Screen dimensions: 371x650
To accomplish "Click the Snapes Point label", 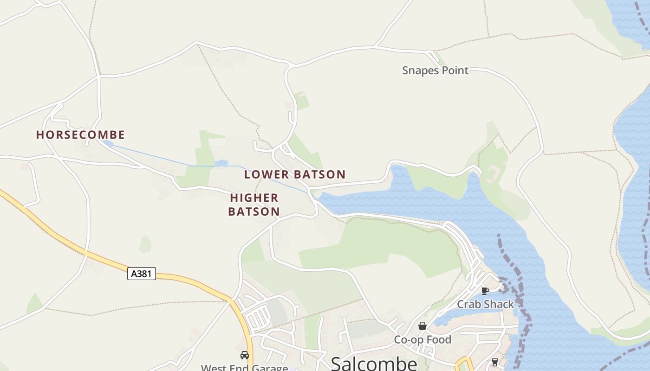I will [435, 70].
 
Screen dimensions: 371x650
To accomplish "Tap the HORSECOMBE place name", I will [80, 135].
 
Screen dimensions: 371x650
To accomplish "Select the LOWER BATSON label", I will [295, 175].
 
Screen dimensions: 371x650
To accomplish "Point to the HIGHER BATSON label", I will [254, 205].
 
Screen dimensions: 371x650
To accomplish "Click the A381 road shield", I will [141, 274].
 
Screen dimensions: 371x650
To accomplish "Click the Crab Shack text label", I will [485, 304].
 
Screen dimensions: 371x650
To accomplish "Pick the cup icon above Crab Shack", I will [485, 291].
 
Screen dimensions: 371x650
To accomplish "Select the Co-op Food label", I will [422, 339].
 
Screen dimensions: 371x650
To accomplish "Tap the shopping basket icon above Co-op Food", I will [422, 326].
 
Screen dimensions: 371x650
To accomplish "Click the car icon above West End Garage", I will [244, 355].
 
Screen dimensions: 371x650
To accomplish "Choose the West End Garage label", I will [244, 368].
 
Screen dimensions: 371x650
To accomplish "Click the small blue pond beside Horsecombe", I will [108, 144].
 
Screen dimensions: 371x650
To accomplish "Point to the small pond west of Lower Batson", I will [221, 163].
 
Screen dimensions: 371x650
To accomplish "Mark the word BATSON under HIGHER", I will [254, 212].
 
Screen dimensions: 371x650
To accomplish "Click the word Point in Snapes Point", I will [454, 70].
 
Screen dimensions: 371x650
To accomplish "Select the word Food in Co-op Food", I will [439, 339].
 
